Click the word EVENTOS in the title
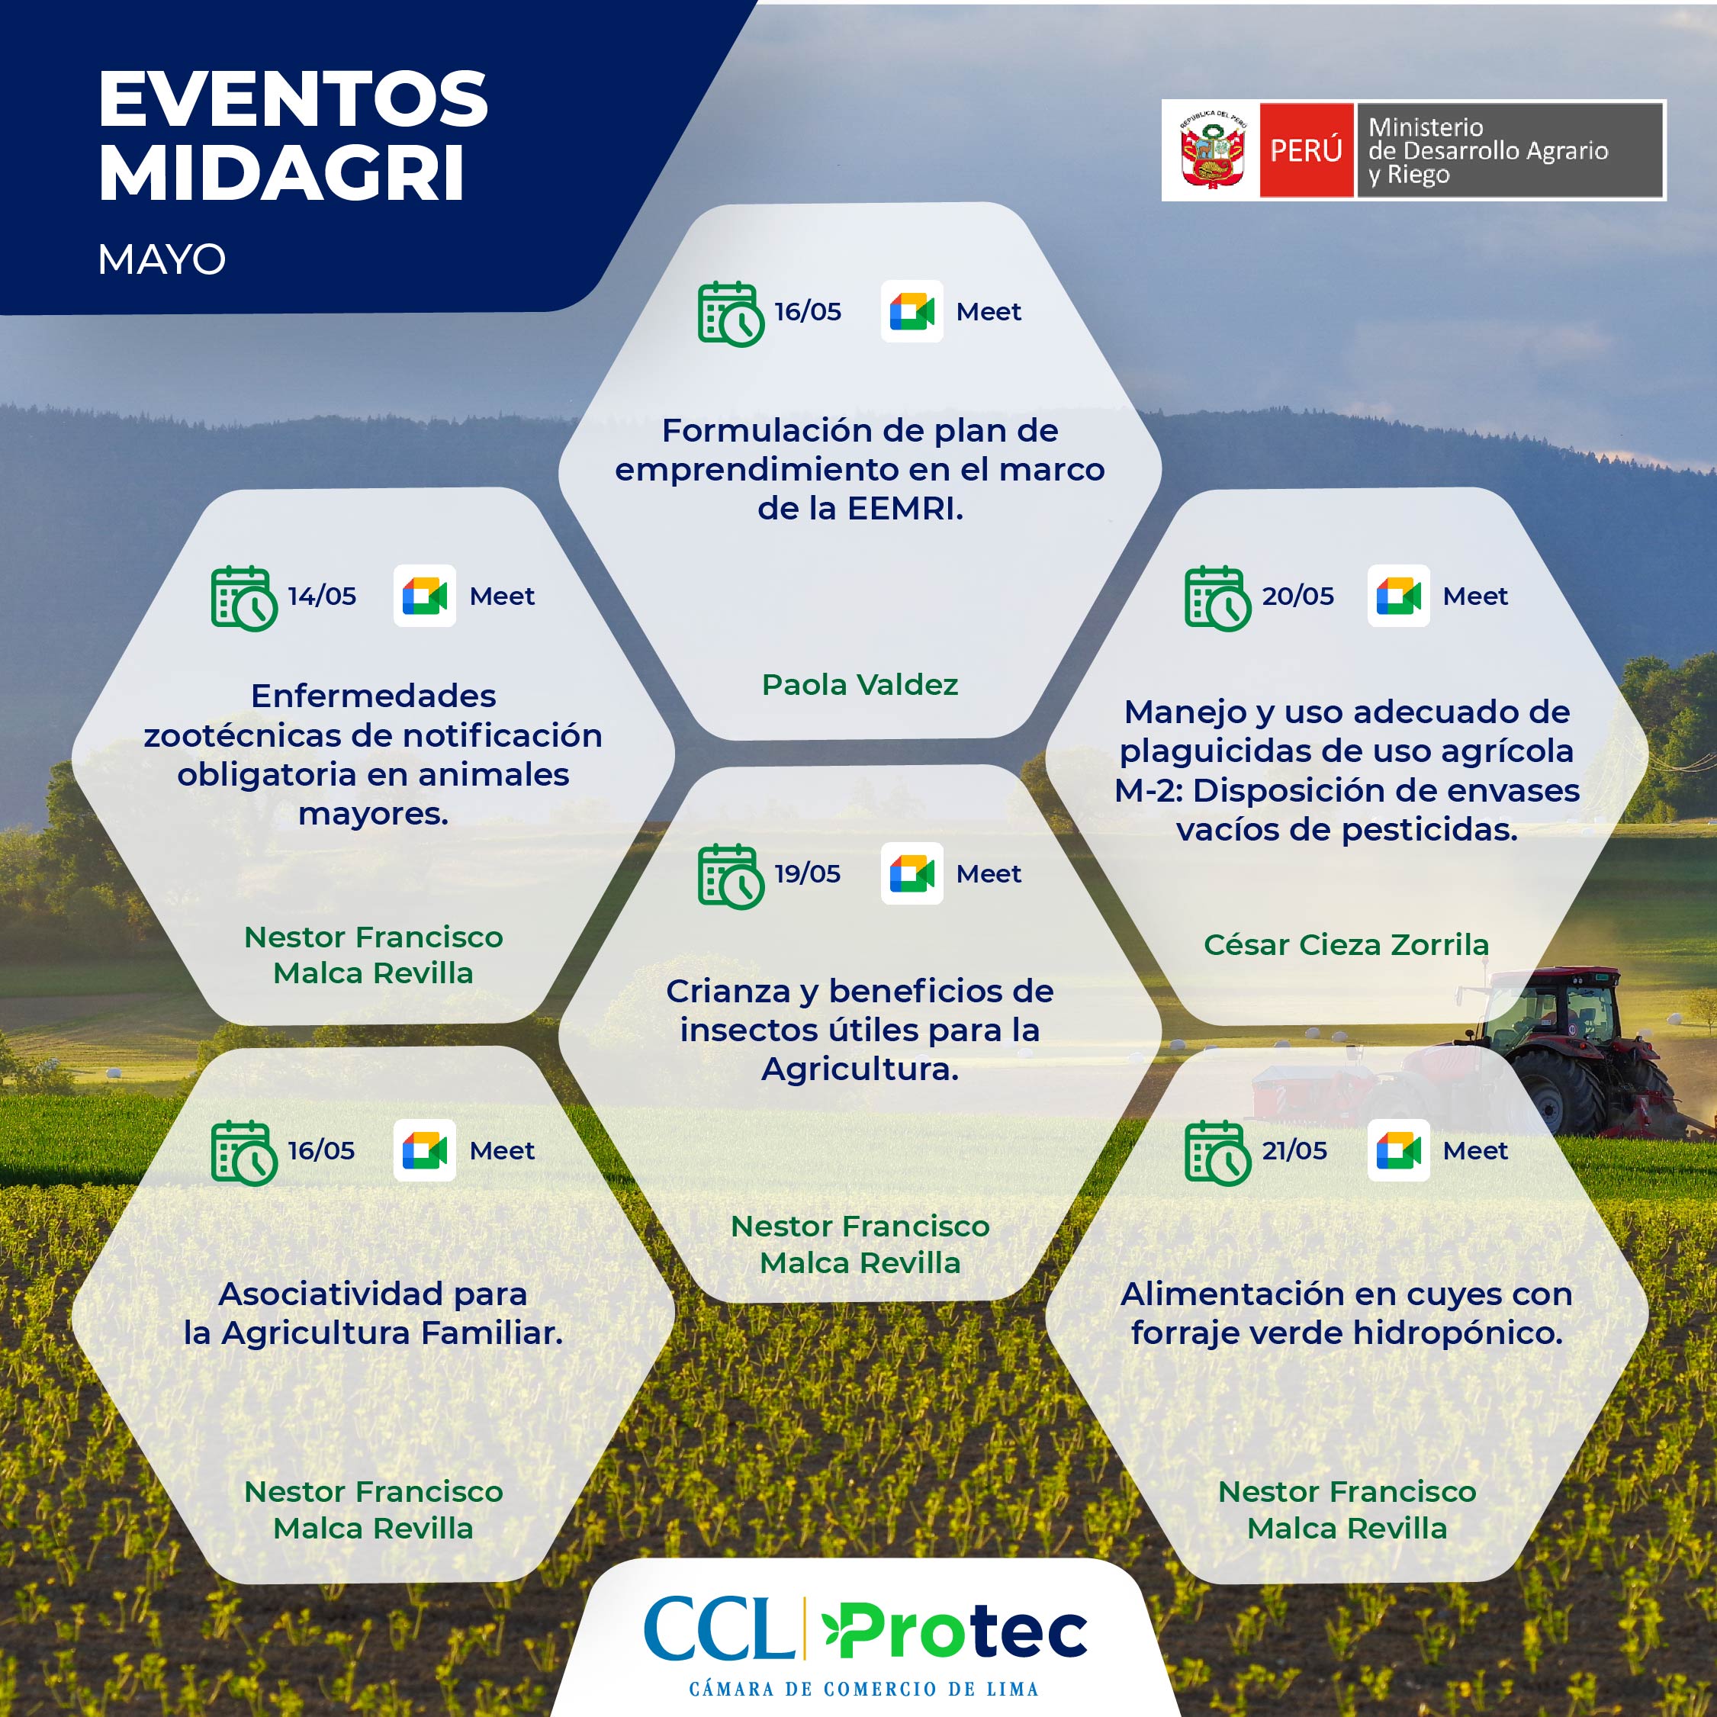point(293,98)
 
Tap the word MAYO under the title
point(162,259)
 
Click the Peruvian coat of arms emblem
point(1211,150)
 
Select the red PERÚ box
point(1306,150)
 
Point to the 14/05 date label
point(322,596)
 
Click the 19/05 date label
point(807,873)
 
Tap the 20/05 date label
point(1297,596)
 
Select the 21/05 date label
point(1294,1150)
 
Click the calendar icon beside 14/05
point(243,598)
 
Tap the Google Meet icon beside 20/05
point(1398,596)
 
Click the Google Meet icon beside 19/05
point(912,873)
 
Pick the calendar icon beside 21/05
point(1217,1153)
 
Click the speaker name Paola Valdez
point(860,684)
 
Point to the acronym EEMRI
point(905,508)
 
